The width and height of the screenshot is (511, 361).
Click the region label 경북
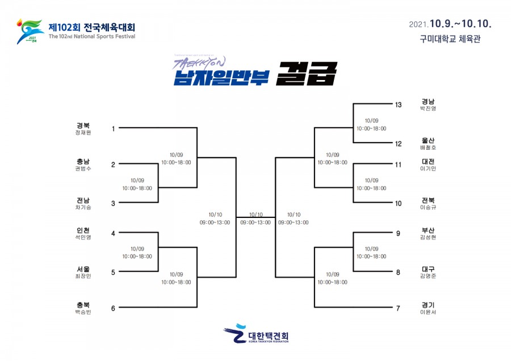click(x=83, y=125)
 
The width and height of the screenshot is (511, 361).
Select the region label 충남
click(x=83, y=161)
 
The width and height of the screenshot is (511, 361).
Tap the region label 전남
click(x=83, y=200)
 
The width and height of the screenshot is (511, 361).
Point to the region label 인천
click(x=83, y=230)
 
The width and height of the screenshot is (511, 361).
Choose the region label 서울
click(x=83, y=268)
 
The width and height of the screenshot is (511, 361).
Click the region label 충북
click(x=83, y=305)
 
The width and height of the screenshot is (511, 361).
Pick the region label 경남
click(x=428, y=101)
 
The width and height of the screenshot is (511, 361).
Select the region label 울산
click(x=428, y=140)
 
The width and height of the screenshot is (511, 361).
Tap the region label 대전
click(x=428, y=161)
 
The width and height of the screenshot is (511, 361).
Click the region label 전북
click(x=428, y=200)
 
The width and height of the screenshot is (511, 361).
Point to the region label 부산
click(x=428, y=230)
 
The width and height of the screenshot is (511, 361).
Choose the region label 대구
click(x=428, y=268)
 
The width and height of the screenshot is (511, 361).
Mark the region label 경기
click(x=428, y=305)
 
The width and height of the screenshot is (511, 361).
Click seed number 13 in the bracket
click(x=398, y=104)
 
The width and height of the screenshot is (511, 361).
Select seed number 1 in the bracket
click(x=113, y=129)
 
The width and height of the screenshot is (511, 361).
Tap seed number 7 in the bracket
click(x=398, y=308)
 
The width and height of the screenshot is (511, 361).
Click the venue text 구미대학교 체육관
click(x=450, y=39)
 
